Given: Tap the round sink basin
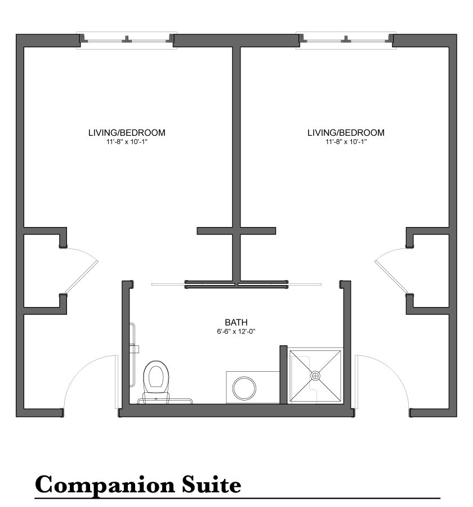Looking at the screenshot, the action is click(244, 388).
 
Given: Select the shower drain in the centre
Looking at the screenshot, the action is click(315, 375).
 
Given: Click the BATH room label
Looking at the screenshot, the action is click(236, 322).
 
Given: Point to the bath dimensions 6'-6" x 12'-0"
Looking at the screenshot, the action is click(236, 331).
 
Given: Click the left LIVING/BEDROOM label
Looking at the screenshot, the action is click(127, 132).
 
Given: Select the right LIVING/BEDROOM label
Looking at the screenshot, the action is click(346, 132).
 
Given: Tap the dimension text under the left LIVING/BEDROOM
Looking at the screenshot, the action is click(127, 141).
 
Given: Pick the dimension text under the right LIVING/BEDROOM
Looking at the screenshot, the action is click(346, 141).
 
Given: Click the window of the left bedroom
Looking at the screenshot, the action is click(127, 41).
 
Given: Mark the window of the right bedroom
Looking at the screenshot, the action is click(346, 41).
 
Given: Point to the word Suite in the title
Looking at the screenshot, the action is click(211, 484).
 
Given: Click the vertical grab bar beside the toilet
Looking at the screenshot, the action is click(132, 355).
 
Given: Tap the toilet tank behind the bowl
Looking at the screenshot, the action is click(157, 398).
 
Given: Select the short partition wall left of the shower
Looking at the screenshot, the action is click(283, 375).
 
